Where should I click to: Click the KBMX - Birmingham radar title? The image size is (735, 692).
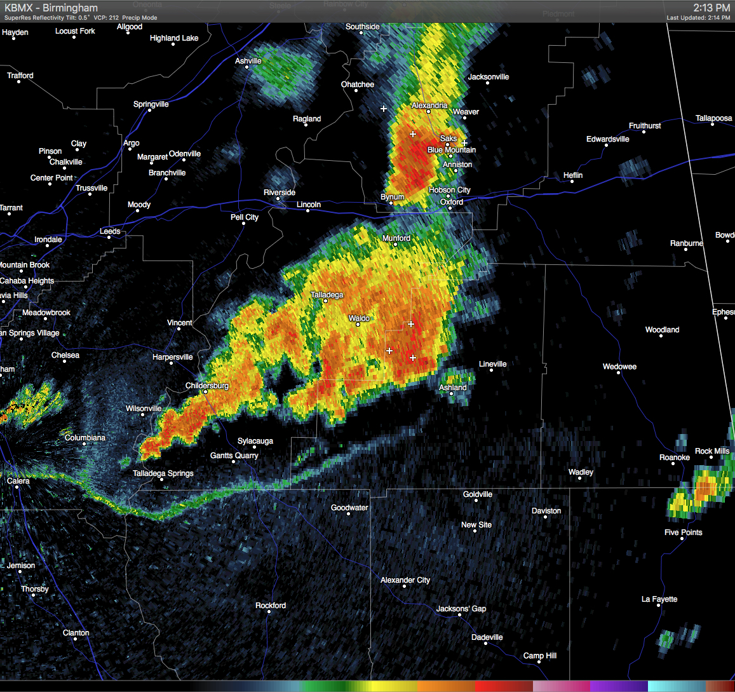tap(51, 8)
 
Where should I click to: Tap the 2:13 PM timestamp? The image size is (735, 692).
tap(711, 8)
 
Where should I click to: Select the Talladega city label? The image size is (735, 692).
tap(327, 295)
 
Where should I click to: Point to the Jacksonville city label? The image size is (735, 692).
tap(489, 77)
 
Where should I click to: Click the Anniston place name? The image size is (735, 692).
tap(457, 165)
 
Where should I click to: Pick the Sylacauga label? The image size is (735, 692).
tap(255, 441)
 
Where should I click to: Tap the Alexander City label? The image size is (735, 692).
tap(405, 580)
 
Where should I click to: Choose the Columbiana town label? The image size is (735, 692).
tap(85, 438)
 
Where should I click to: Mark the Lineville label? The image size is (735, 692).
tap(493, 364)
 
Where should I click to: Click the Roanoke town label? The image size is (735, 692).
tap(675, 458)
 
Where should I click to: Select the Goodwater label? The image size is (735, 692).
tap(349, 508)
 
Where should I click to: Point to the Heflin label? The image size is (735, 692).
tap(573, 175)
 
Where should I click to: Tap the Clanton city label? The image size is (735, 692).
tap(76, 633)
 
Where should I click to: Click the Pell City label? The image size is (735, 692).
tap(245, 217)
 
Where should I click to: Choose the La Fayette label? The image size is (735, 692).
tap(659, 599)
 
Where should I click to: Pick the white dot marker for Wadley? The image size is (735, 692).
tap(580, 478)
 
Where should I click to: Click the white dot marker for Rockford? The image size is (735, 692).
tap(269, 612)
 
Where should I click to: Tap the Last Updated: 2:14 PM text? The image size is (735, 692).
tap(698, 18)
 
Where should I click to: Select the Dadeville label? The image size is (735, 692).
tap(487, 637)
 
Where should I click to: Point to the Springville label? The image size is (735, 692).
tap(151, 104)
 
